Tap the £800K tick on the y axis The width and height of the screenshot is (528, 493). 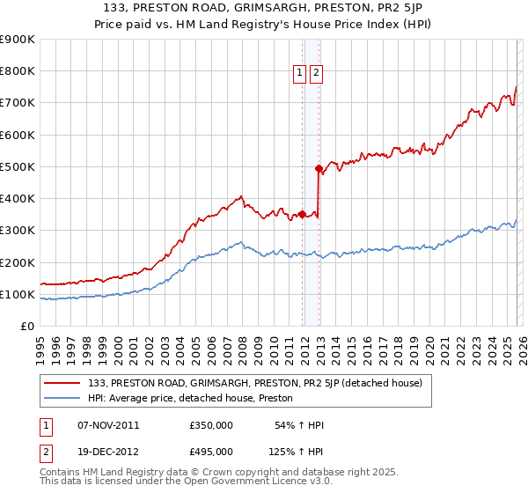coord(18,71)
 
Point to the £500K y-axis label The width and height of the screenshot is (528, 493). coord(18,167)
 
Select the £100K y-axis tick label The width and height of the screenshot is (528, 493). coord(18,294)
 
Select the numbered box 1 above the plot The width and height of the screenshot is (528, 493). coord(300,74)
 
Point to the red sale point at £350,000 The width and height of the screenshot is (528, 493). coord(302,214)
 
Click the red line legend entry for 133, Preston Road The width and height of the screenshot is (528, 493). coord(255,383)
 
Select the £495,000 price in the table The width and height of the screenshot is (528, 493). coord(211,451)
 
